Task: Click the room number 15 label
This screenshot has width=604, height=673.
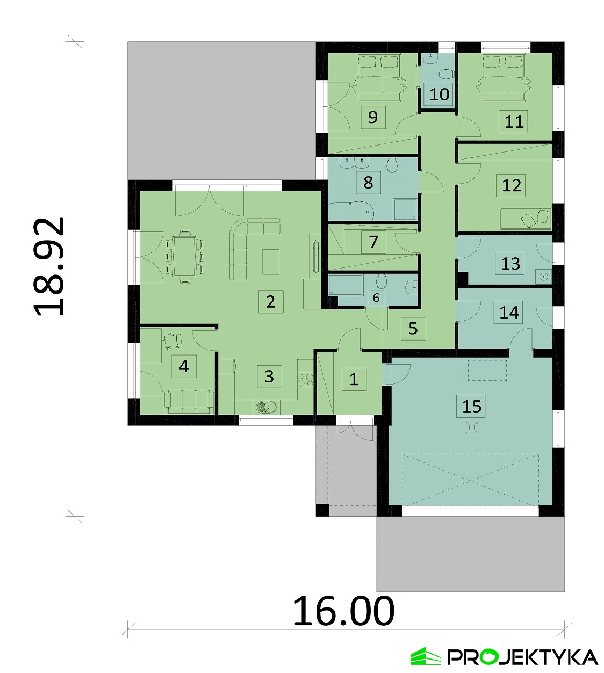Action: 472,406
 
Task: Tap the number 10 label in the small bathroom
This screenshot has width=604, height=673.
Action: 439,95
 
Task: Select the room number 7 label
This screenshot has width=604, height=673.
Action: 373,242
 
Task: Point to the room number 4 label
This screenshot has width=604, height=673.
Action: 184,366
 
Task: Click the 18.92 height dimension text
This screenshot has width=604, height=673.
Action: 49,266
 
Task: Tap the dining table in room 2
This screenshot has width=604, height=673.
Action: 184,256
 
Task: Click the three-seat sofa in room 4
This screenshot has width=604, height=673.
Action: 189,402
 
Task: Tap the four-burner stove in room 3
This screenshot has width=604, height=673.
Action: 305,380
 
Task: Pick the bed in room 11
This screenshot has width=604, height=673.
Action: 505,78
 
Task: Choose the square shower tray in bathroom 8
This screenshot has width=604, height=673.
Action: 405,209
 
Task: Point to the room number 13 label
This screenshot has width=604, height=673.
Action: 510,263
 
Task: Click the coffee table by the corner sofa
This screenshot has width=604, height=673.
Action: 271,262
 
